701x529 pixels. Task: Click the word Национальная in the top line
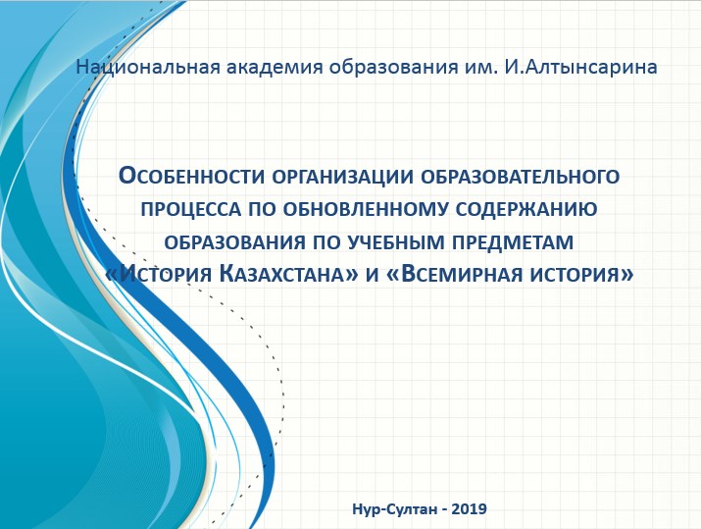[148, 67]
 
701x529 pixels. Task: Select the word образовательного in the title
[520, 177]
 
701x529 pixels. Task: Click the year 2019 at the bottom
[469, 508]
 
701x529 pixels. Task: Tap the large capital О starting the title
[127, 176]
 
